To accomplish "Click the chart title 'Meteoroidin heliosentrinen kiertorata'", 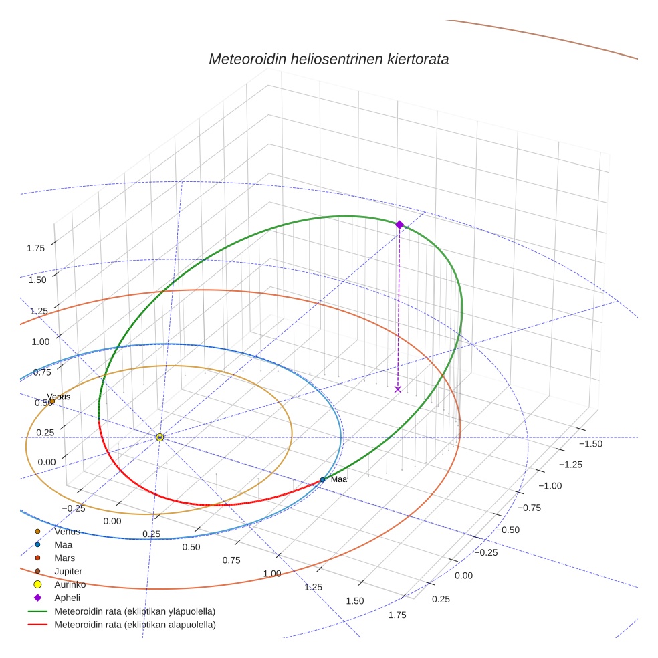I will pos(328,59).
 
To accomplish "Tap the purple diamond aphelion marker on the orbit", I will pos(399,225).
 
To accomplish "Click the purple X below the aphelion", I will pos(398,389).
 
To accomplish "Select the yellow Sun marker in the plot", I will pos(160,437).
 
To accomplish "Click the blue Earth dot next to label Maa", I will pos(322,479).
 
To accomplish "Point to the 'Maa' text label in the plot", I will pos(339,479).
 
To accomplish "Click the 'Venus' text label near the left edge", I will pos(58,397).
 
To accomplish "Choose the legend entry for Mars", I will pos(64,558).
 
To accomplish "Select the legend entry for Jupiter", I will pos(68,571).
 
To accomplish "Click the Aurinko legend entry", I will pos(70,584).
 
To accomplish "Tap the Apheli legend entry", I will pos(67,598).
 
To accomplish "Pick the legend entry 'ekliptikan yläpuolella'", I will pos(134,611).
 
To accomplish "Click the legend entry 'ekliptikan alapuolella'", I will pos(134,625).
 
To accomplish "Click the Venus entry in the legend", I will pos(67,532).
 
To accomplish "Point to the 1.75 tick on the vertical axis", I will pos(36,248).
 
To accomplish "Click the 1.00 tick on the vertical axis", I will pos(41,342).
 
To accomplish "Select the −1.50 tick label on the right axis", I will pos(590,444).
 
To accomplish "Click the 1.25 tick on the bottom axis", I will pos(313,587).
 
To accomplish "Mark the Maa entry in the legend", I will pos(64,545).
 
